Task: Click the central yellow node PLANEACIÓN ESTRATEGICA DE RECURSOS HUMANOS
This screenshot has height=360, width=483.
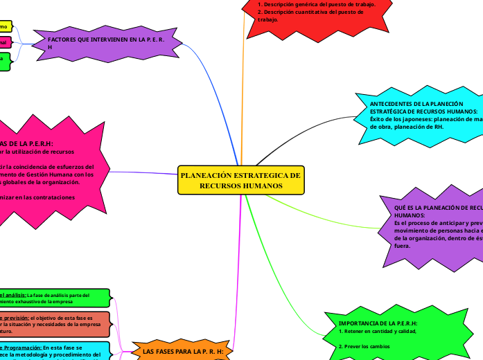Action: tap(240, 181)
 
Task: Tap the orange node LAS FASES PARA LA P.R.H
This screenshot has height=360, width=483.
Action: tap(182, 352)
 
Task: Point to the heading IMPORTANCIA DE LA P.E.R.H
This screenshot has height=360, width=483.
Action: tap(378, 323)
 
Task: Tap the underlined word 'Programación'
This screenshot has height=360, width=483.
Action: tap(24, 347)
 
